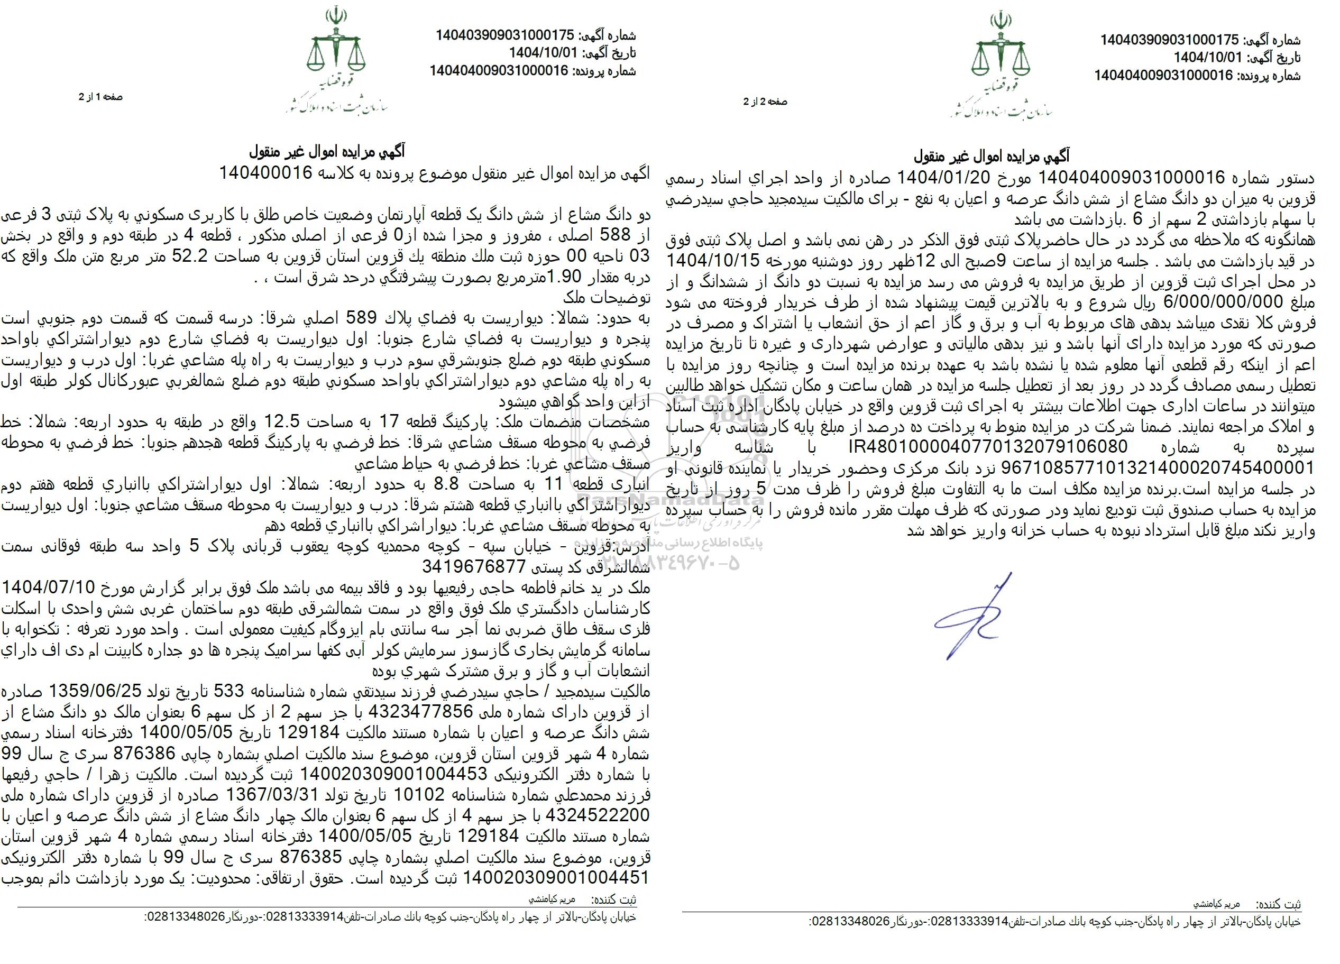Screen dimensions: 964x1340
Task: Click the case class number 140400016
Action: coord(266,172)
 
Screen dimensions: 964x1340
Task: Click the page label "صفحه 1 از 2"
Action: coord(100,97)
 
